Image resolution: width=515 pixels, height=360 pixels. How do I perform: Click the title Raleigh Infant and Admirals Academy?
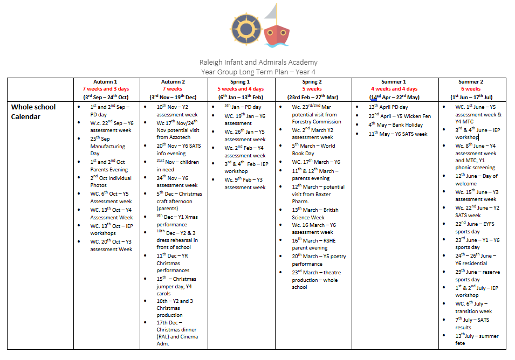point(258,63)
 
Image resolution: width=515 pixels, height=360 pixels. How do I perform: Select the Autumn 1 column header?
point(106,82)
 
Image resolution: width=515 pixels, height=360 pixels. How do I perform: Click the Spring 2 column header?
point(312,82)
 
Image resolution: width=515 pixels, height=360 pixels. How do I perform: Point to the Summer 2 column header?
point(471,82)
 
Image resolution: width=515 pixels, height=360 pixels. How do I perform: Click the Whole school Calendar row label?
point(33,112)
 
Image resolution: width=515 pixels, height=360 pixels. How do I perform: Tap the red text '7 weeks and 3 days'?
point(106,89)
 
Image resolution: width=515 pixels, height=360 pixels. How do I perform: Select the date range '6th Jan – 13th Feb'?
point(241,96)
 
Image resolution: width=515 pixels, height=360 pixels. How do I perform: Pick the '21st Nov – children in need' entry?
point(176,165)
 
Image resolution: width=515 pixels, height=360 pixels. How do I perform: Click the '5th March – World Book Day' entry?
point(314,149)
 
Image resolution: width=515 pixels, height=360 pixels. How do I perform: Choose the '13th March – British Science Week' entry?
point(315,213)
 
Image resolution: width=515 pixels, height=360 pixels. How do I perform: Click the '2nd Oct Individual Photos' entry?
point(111,182)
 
